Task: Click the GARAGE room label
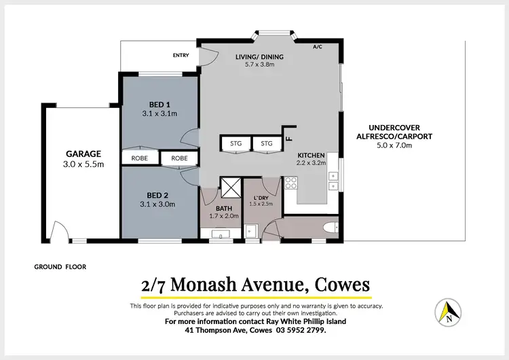point(83,154)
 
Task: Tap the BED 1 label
point(159,104)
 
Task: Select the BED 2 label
point(159,194)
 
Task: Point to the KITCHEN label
point(311,156)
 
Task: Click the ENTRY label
point(181,55)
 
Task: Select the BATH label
point(225,209)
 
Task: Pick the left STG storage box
point(235,143)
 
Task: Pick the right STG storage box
point(267,143)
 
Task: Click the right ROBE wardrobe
point(179,158)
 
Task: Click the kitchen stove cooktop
point(290,183)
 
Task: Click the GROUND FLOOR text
point(60,267)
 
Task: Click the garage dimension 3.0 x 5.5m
point(83,164)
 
